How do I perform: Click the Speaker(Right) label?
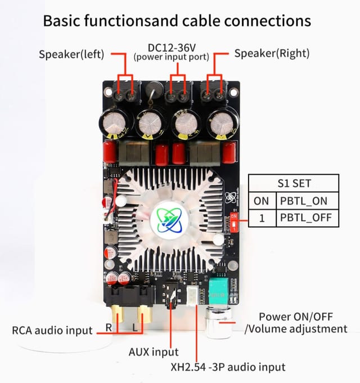(x=272, y=54)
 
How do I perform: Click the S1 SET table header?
(x=294, y=183)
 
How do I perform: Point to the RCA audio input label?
(x=53, y=330)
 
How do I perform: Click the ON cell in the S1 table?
(x=262, y=201)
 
